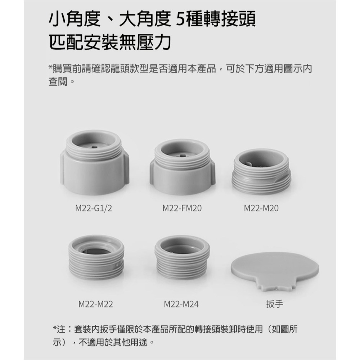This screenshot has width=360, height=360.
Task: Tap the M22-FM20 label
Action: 182,208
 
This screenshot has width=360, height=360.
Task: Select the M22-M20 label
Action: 261,208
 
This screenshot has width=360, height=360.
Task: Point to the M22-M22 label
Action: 96,305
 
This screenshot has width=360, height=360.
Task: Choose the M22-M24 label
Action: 181,305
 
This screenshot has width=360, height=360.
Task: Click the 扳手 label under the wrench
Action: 275,305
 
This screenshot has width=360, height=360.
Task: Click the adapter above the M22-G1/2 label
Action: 94,162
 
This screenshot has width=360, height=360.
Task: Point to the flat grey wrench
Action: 275,268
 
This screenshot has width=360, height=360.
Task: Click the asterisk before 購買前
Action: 50,68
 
